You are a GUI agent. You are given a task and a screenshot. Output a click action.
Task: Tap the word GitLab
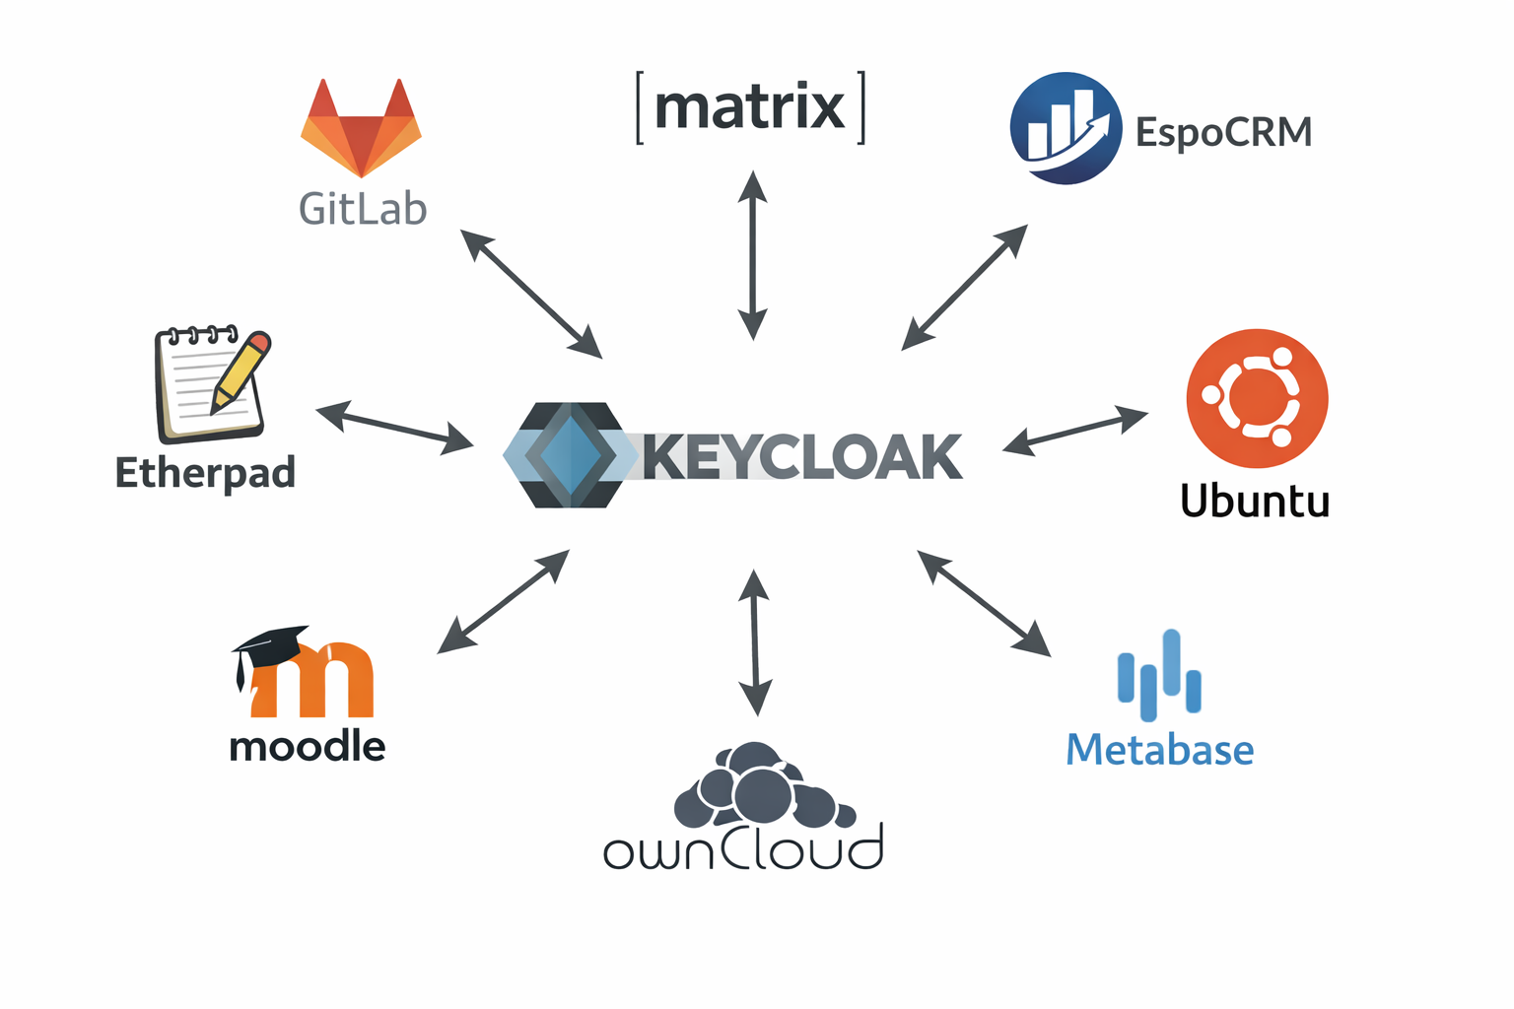363,209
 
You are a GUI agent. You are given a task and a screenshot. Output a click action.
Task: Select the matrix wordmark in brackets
750,107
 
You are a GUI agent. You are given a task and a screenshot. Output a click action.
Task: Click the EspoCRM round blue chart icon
1066,128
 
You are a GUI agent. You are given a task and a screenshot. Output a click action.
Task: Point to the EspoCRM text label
1223,132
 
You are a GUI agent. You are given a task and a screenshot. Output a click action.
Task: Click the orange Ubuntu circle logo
1257,398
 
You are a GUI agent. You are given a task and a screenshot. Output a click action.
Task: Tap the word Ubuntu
1255,501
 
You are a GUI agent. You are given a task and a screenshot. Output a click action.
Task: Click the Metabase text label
1159,750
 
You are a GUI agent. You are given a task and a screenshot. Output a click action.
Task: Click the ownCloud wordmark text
743,849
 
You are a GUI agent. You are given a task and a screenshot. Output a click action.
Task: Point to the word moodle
307,746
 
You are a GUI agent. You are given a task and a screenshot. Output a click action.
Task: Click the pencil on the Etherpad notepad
241,371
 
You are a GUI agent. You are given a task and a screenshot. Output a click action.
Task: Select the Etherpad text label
205,473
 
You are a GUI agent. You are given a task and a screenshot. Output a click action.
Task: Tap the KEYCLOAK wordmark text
802,457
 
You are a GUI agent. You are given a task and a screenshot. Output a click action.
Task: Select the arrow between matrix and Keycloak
753,255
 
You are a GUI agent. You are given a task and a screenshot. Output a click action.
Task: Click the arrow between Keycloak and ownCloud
755,642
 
